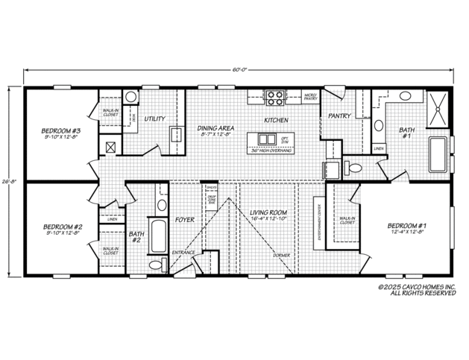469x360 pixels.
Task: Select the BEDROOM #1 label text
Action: coord(406,225)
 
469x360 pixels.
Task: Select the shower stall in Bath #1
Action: coord(436,108)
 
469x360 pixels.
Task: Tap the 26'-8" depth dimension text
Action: coord(9,180)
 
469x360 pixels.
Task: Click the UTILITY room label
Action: coord(154,118)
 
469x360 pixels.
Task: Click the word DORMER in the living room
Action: coord(280,255)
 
